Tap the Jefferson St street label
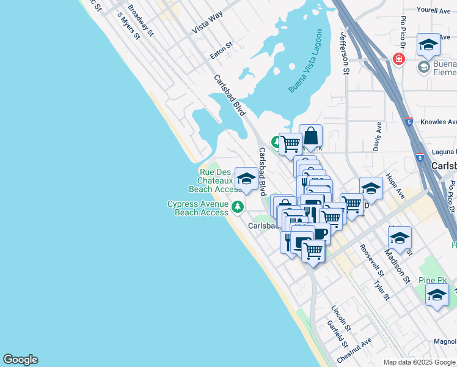[x=345, y=54]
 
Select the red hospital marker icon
[x=398, y=59]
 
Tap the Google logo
[x=20, y=360]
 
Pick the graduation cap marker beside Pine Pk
[x=437, y=295]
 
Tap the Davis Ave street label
[x=378, y=136]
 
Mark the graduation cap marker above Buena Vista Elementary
[x=428, y=45]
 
